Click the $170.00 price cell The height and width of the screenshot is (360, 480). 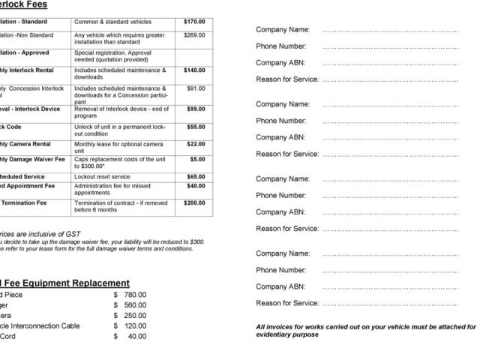pyautogui.click(x=194, y=22)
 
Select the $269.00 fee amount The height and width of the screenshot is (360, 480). pyautogui.click(x=194, y=35)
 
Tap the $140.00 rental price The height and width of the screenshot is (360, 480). pyautogui.click(x=194, y=70)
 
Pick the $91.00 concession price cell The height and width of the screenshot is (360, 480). pyautogui.click(x=196, y=88)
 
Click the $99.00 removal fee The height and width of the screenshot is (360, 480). pyautogui.click(x=196, y=109)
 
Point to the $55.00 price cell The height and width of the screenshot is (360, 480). pyautogui.click(x=196, y=127)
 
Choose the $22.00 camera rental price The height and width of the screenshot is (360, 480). pyautogui.click(x=196, y=144)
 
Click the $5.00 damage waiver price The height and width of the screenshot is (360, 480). pyautogui.click(x=198, y=160)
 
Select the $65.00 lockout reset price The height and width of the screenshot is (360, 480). pyautogui.click(x=196, y=177)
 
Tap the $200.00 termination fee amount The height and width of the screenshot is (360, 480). pyautogui.click(x=194, y=203)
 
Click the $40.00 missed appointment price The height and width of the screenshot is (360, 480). pyautogui.click(x=196, y=186)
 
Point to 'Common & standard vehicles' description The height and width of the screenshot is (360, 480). pyautogui.click(x=107, y=22)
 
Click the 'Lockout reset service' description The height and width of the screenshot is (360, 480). pyautogui.click(x=102, y=177)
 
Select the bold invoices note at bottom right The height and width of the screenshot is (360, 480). pyautogui.click(x=365, y=331)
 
